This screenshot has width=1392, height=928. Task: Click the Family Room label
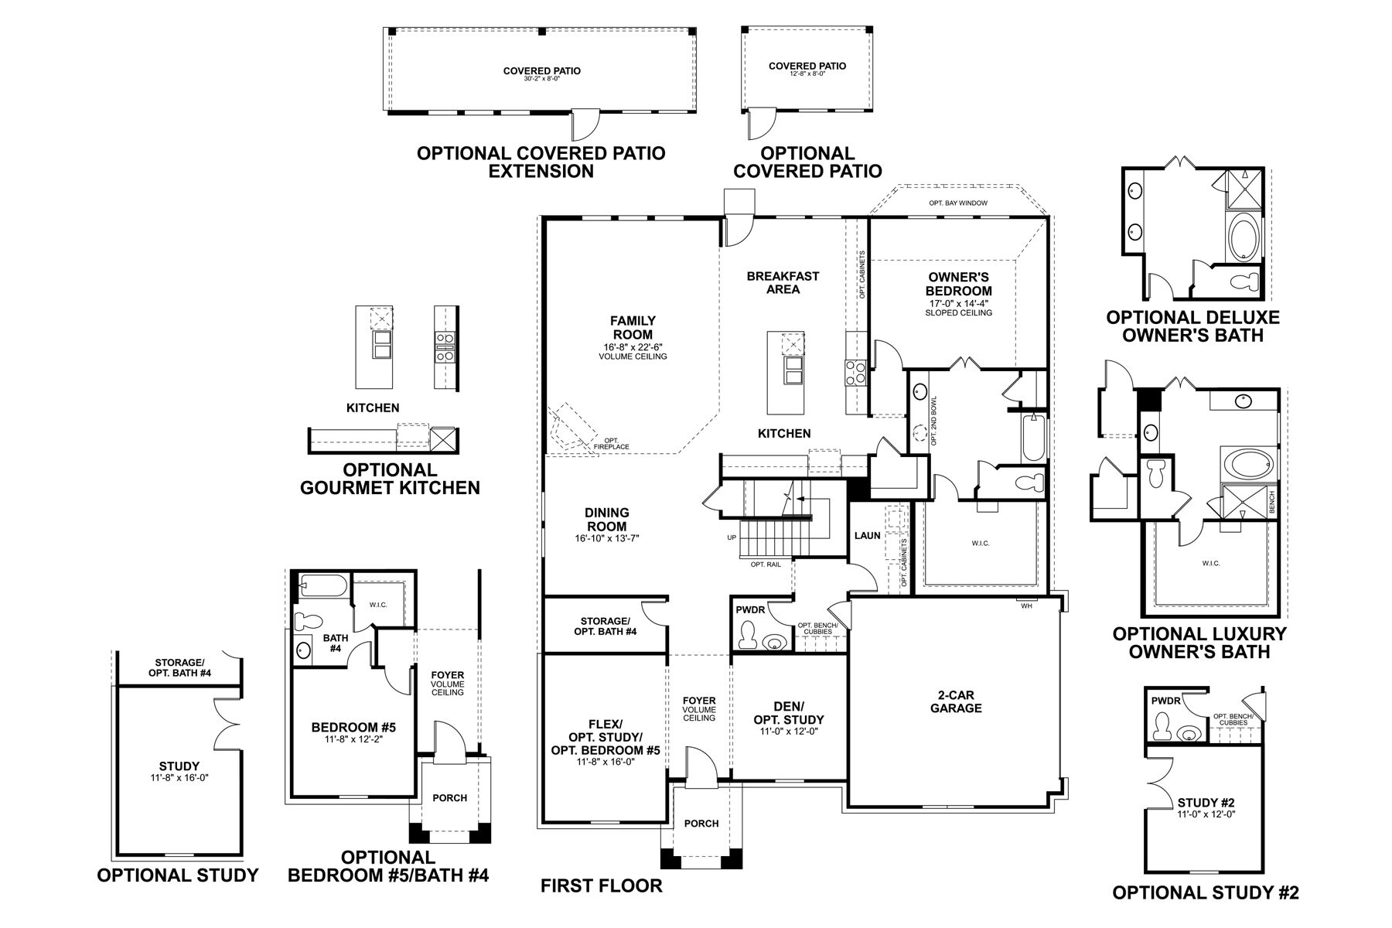(x=633, y=327)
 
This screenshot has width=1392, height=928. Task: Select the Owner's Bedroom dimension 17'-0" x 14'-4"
(x=958, y=303)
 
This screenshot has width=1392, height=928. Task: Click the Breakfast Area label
(x=783, y=282)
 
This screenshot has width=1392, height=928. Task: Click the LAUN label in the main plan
(x=867, y=535)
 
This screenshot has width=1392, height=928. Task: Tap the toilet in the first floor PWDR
(x=748, y=636)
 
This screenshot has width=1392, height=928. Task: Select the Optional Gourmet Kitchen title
(x=390, y=479)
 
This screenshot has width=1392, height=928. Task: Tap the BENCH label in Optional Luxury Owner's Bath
(x=1272, y=503)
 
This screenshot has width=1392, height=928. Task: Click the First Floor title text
(x=601, y=885)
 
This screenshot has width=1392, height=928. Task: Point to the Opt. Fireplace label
(x=611, y=444)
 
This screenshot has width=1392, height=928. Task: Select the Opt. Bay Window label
(x=958, y=203)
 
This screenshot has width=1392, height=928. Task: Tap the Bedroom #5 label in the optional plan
(x=353, y=727)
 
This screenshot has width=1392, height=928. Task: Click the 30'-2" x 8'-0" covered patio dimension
(x=541, y=79)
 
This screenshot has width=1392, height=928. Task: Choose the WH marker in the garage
(x=1027, y=606)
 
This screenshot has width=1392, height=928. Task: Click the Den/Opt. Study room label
(x=789, y=712)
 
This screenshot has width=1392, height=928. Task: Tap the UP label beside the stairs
(x=732, y=537)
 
